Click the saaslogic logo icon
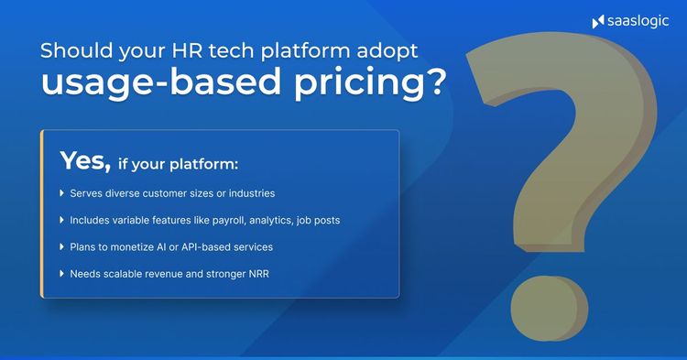pyautogui.click(x=598, y=21)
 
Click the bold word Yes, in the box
pyautogui.click(x=85, y=161)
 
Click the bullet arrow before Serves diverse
pyautogui.click(x=61, y=194)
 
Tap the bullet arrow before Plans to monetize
pyautogui.click(x=61, y=247)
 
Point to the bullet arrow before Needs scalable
pyautogui.click(x=61, y=274)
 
